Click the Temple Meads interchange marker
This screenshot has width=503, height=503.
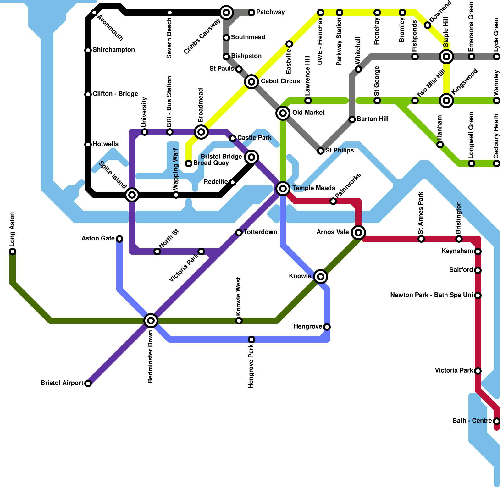[x=283, y=188]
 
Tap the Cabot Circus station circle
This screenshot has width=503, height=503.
[x=251, y=82]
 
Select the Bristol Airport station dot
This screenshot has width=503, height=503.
[x=88, y=384]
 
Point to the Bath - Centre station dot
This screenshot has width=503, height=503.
[x=497, y=421]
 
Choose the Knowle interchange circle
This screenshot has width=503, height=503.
[x=321, y=276]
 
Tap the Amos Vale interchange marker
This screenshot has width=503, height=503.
[x=358, y=233]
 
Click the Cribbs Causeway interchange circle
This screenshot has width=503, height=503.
[x=226, y=13]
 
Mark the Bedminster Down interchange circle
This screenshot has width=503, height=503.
[x=151, y=321]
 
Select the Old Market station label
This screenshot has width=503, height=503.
[x=308, y=113]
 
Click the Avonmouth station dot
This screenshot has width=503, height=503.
[x=94, y=13]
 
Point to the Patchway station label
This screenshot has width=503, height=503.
[x=270, y=12]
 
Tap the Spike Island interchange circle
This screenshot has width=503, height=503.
[x=132, y=195]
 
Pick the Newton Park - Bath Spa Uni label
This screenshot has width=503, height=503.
[x=431, y=295]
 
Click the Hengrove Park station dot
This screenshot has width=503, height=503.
[x=251, y=340]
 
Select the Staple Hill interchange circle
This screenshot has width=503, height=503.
[x=446, y=57]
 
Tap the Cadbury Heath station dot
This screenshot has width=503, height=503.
[x=497, y=163]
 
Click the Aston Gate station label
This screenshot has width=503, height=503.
[x=98, y=239]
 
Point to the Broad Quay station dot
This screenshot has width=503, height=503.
[x=189, y=163]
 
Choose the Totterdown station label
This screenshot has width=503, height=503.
[x=260, y=232]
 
